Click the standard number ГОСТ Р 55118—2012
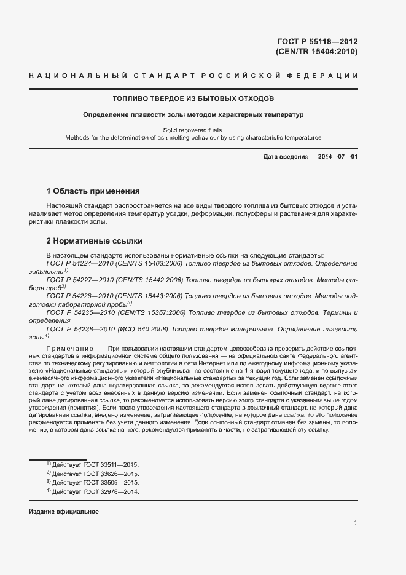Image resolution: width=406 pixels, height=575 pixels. [317, 42]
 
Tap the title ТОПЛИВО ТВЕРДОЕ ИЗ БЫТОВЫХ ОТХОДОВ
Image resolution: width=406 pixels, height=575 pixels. [193, 98]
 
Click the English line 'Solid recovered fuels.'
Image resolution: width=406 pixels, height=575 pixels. [193, 130]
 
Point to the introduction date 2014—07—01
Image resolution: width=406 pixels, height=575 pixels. [331, 157]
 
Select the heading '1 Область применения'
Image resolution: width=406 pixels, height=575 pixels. [93, 191]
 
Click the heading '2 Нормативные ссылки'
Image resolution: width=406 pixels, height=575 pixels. [95, 240]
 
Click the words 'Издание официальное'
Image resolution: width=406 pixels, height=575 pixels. [64, 512]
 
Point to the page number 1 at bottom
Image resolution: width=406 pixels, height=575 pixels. [356, 523]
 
